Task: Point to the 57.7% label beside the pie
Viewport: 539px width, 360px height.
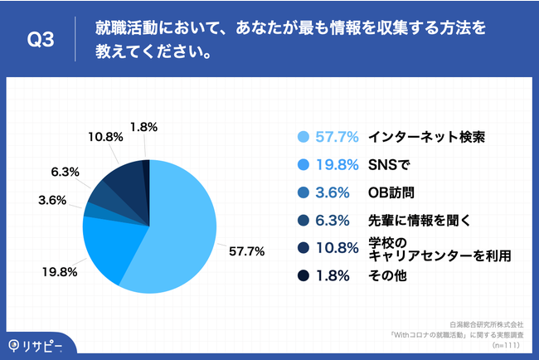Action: tap(247, 251)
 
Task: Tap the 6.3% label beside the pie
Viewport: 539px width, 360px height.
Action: tap(66, 172)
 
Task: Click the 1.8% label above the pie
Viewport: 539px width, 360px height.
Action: tap(143, 127)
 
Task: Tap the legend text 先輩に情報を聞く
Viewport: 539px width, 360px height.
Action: tap(417, 221)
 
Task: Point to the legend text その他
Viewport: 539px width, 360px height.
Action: tap(387, 277)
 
